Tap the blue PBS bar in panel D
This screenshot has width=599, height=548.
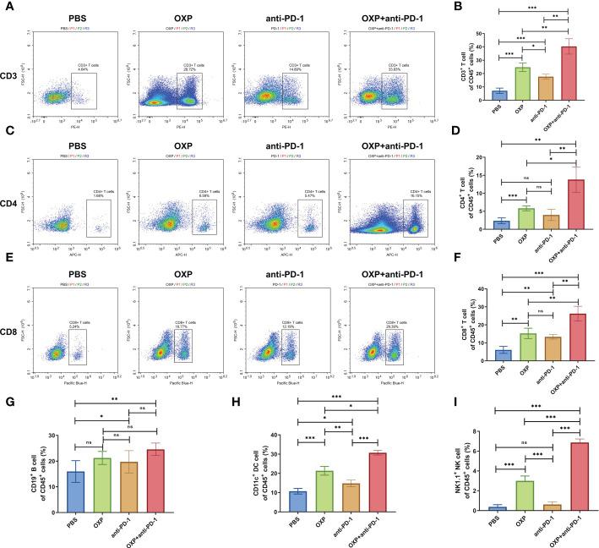pos(500,224)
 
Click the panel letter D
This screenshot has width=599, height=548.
pos(461,129)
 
